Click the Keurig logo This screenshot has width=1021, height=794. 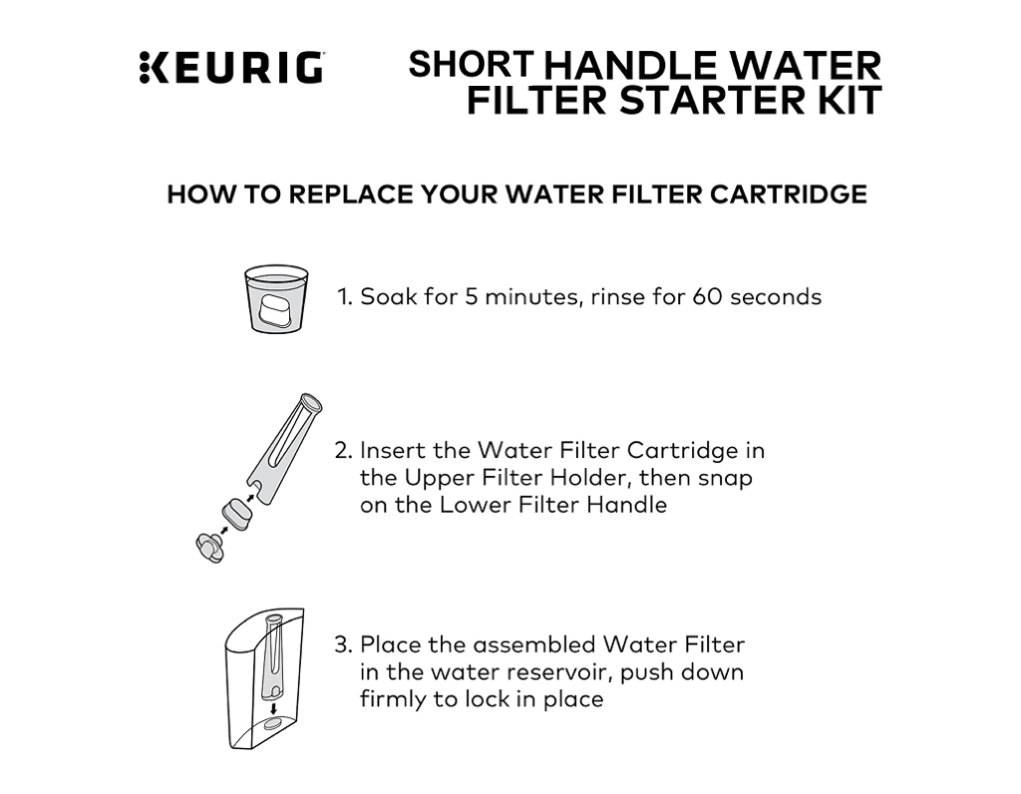231,67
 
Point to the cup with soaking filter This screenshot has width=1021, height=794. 276,298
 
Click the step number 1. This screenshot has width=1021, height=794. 343,297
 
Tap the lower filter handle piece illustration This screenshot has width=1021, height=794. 210,546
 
